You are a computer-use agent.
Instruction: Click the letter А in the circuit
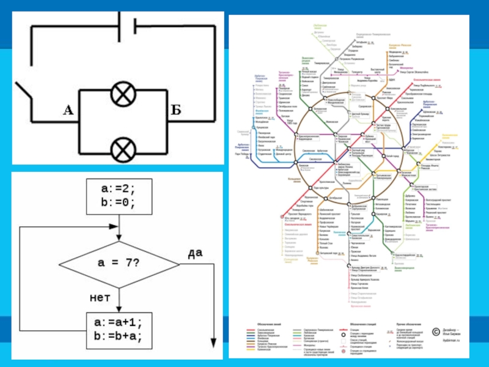click(68, 109)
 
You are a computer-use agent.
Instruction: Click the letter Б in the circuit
click(175, 109)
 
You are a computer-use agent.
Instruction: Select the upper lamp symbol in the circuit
click(122, 95)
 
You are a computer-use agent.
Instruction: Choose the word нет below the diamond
click(99, 298)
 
